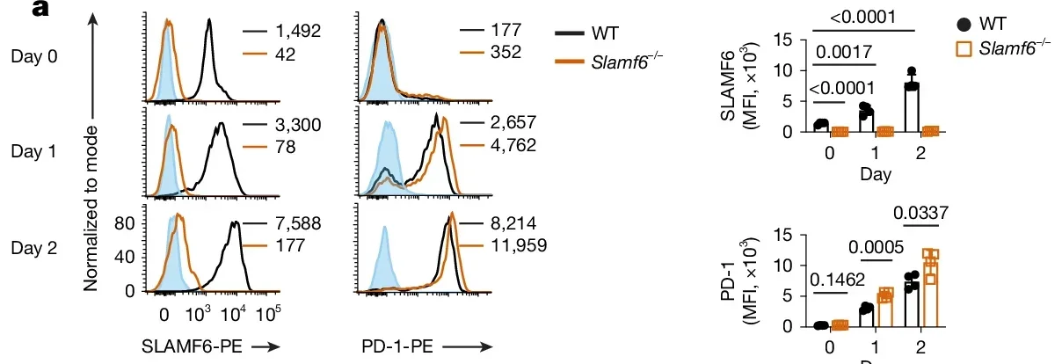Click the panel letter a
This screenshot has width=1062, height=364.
pos(14,11)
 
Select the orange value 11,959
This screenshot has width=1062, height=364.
pos(518,245)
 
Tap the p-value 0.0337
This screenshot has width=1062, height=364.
pos(920,214)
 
